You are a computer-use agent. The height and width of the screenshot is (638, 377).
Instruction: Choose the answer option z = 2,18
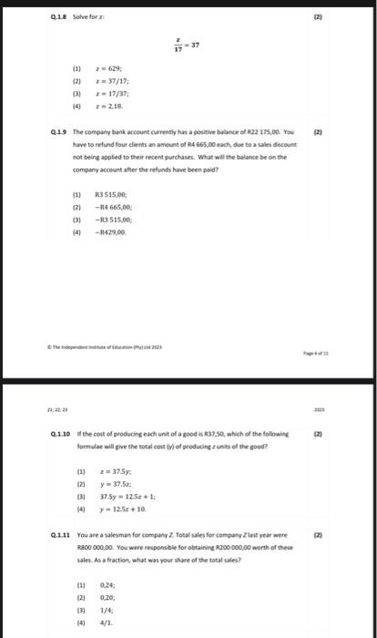click(119, 106)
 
